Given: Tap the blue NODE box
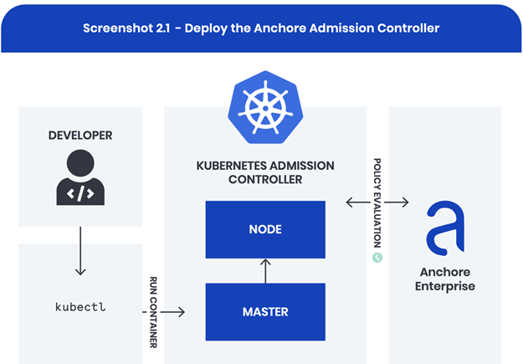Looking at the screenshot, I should pyautogui.click(x=265, y=229).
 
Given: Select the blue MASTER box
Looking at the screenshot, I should pyautogui.click(x=265, y=311).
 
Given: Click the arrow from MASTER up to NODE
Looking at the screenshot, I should pyautogui.click(x=265, y=270).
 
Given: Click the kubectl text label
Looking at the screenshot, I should pyautogui.click(x=80, y=307).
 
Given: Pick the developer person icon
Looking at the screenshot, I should pyautogui.click(x=80, y=177).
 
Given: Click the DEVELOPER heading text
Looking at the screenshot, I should pyautogui.click(x=80, y=135).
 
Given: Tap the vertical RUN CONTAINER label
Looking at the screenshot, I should pyautogui.click(x=153, y=311).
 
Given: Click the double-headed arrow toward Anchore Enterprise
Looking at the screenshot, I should pyautogui.click(x=377, y=203).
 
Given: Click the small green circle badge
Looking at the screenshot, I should pyautogui.click(x=377, y=258).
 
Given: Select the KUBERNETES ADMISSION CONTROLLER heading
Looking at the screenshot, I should pyautogui.click(x=265, y=172).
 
